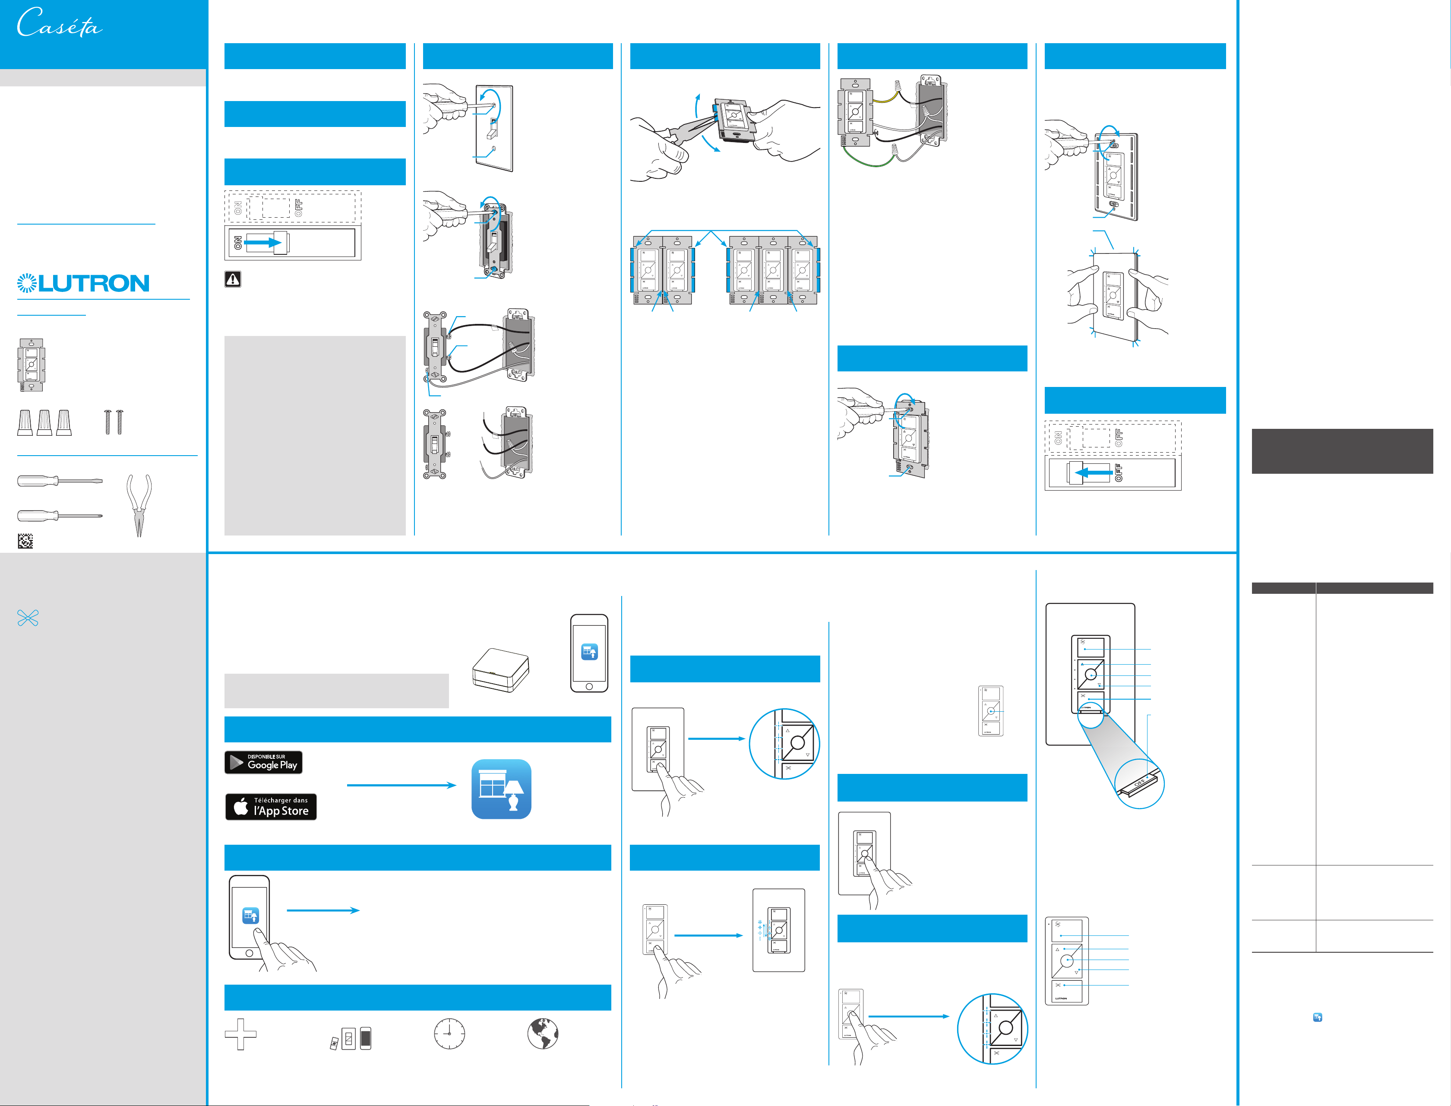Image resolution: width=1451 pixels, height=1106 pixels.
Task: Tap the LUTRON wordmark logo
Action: pyautogui.click(x=84, y=283)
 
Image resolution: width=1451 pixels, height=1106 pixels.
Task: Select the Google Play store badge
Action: pyautogui.click(x=263, y=762)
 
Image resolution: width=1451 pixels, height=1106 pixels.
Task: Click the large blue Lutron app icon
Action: pyautogui.click(x=501, y=789)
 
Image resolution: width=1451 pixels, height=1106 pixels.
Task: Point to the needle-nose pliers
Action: pyautogui.click(x=139, y=505)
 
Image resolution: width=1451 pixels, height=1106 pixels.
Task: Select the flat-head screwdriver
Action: pyautogui.click(x=59, y=481)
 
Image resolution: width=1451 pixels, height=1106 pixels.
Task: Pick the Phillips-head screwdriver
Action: pyautogui.click(x=59, y=516)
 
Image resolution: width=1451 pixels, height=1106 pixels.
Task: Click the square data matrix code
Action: pyautogui.click(x=25, y=541)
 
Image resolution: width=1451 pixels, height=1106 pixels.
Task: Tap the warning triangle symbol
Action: pyautogui.click(x=232, y=279)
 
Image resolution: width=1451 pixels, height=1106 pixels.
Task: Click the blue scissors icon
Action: pyautogui.click(x=28, y=618)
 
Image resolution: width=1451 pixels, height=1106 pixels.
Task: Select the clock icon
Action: pyautogui.click(x=449, y=1033)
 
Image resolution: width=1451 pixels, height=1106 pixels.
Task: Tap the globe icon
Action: pyautogui.click(x=543, y=1033)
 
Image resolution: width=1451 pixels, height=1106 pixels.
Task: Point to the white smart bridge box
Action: pyautogui.click(x=501, y=670)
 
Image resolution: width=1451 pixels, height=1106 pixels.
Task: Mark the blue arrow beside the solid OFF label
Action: pyautogui.click(x=1094, y=472)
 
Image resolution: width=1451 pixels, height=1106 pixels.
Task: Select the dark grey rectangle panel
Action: pyautogui.click(x=1342, y=451)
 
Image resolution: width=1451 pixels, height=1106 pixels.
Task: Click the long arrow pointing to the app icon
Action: pyautogui.click(x=401, y=785)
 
